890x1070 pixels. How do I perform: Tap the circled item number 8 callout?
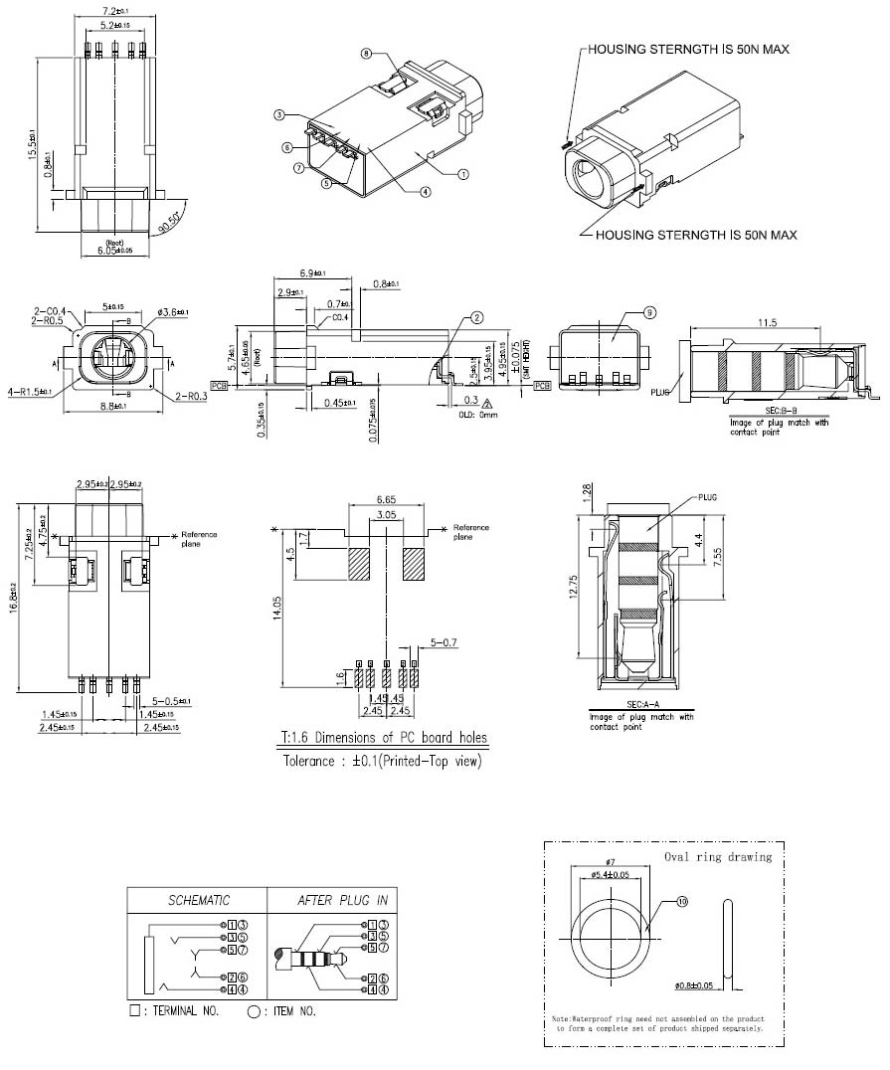(x=366, y=53)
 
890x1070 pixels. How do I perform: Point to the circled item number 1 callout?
(x=463, y=172)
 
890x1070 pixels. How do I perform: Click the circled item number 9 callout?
(x=649, y=312)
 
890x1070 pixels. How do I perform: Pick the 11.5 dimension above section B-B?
(x=765, y=323)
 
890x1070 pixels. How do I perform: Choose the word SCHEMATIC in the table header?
(x=198, y=901)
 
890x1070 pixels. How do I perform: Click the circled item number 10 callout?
(x=682, y=902)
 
